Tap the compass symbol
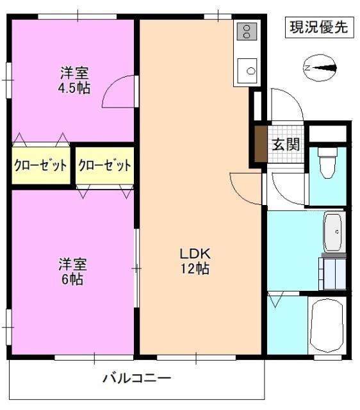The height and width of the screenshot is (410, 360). coord(319,67)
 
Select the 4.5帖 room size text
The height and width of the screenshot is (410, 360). coord(74,88)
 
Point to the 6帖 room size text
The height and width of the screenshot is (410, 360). coord(72,279)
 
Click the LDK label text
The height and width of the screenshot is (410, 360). coord(194,252)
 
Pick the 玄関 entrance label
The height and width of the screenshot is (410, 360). coord(285,144)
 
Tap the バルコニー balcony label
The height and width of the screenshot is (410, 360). coord(137,378)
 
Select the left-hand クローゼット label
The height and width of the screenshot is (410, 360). coord(40,165)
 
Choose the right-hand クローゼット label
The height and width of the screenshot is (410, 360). coord(104,165)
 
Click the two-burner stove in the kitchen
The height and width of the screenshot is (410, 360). coord(247,31)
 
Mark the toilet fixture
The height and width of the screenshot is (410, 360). coord(327,163)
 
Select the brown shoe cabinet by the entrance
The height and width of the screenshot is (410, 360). coord(261,144)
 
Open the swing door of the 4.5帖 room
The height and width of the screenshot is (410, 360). coord(119,93)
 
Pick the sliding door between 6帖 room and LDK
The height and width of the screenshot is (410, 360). coord(136,269)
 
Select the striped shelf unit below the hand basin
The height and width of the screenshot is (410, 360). coord(334,272)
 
